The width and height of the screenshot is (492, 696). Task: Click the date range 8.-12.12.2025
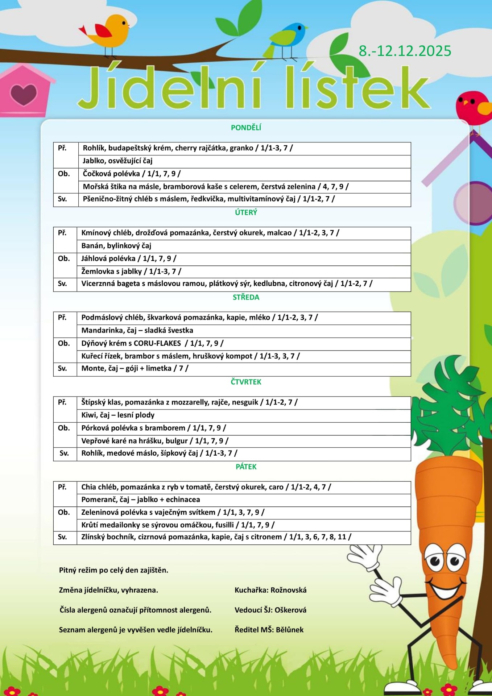405,51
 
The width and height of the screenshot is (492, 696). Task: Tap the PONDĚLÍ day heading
246,128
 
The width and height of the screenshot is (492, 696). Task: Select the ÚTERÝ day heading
246,212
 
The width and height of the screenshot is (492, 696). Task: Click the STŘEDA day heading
246,297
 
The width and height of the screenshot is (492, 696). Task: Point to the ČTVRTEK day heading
246,382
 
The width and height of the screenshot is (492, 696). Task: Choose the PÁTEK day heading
246,467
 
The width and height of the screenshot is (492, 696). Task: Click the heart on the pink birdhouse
24,94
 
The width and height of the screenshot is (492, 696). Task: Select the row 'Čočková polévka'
132,174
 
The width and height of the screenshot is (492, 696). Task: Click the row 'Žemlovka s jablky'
131,271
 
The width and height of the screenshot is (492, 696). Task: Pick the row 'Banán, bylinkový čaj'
116,246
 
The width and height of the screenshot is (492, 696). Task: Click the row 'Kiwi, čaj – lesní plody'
118,415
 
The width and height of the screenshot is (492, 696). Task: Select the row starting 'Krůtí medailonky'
178,525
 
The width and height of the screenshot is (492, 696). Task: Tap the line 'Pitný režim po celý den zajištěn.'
113,570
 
